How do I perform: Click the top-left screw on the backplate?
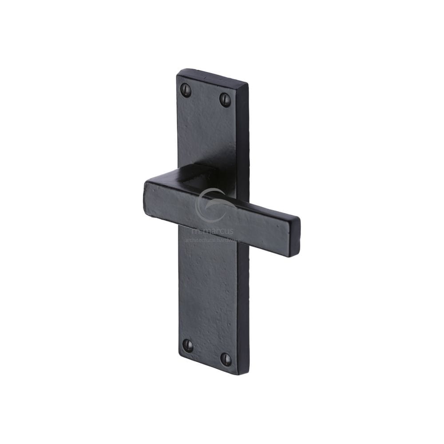[186, 90]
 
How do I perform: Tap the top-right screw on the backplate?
[225, 99]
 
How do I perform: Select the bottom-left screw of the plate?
[188, 346]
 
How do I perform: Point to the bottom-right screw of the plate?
[226, 359]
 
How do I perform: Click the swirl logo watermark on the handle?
[212, 205]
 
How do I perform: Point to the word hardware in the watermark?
[230, 240]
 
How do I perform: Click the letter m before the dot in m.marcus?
[195, 231]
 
